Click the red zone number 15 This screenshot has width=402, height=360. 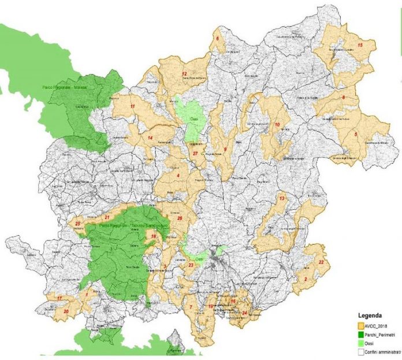(x=360, y=45)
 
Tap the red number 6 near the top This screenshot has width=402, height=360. (x=217, y=39)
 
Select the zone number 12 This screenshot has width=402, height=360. (x=184, y=74)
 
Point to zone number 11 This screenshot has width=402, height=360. (x=133, y=107)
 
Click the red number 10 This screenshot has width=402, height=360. (x=277, y=124)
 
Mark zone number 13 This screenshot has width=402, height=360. (x=282, y=199)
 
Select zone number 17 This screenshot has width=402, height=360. (x=59, y=298)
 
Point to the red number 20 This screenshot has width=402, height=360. (x=66, y=311)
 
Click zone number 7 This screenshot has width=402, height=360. (x=191, y=307)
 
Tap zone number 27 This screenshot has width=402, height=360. (x=195, y=153)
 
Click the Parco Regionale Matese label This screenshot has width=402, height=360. (x=64, y=87)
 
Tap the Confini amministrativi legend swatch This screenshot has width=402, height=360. (x=359, y=350)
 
